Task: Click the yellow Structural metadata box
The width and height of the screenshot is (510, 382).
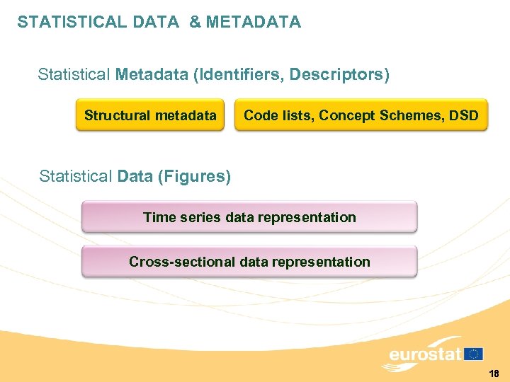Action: pos(150,115)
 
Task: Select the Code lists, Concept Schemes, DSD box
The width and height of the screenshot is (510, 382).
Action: pos(361,115)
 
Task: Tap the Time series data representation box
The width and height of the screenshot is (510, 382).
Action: pos(249,217)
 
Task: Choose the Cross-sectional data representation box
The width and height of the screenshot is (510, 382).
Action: pos(249,262)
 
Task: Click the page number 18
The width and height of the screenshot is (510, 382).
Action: pos(494,373)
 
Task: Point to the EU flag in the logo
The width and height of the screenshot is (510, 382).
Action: pos(474,354)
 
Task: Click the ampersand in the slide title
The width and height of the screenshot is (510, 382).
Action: pos(195,22)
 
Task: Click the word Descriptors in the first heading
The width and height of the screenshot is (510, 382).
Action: pos(346,74)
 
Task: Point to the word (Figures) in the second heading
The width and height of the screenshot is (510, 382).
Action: pos(195,176)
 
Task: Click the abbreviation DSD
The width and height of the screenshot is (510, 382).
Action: pos(464,115)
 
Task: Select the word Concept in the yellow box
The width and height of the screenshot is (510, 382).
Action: pos(345,115)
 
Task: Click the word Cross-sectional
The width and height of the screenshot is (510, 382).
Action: pos(182,262)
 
